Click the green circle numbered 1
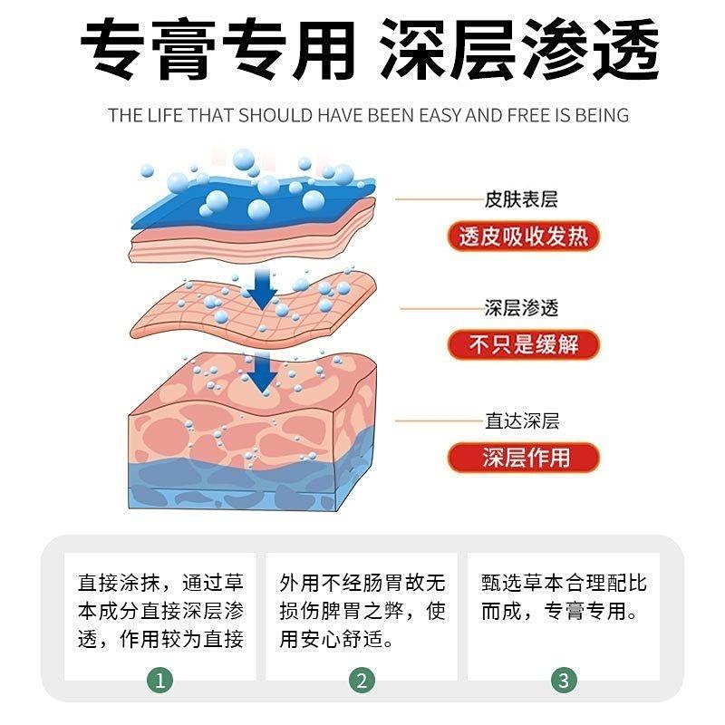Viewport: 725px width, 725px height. (x=160, y=681)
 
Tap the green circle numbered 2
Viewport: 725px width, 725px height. (x=362, y=681)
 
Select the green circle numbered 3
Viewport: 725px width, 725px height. (x=564, y=681)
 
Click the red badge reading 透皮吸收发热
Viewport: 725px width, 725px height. (x=524, y=237)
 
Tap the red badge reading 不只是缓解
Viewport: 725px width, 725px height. (x=524, y=344)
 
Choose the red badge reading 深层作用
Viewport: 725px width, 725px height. (x=524, y=458)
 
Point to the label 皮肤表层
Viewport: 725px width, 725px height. (x=521, y=199)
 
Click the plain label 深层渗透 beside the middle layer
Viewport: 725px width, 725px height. (x=521, y=308)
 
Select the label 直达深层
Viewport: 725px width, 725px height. (x=522, y=420)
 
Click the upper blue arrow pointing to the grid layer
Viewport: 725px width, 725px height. (x=262, y=289)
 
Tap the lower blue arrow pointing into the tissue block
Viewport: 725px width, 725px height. (x=262, y=372)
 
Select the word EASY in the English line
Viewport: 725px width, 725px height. (x=440, y=115)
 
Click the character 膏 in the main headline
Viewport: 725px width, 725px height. (x=183, y=49)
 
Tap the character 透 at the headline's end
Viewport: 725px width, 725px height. (x=625, y=49)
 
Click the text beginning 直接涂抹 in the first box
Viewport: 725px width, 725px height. (x=160, y=611)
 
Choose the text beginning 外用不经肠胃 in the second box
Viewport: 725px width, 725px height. (x=362, y=611)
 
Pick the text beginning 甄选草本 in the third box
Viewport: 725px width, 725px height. (x=564, y=597)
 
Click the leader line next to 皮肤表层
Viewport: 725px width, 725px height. (x=440, y=199)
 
